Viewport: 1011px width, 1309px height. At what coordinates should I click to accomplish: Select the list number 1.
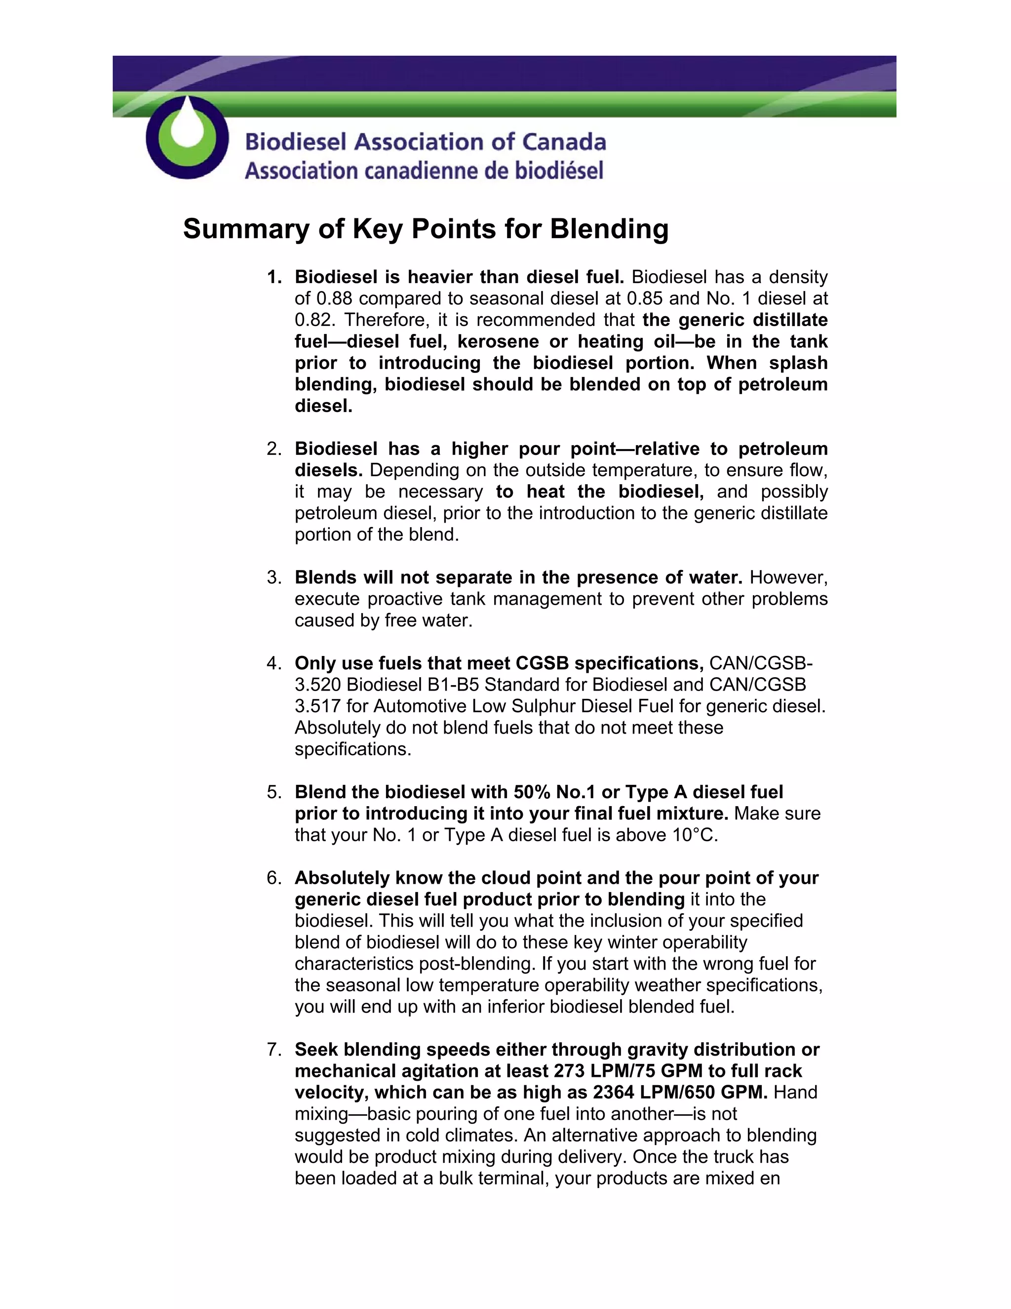pos(273,277)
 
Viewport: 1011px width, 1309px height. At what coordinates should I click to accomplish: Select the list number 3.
pos(273,578)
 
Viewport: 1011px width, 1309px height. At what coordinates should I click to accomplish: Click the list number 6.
pos(273,879)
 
